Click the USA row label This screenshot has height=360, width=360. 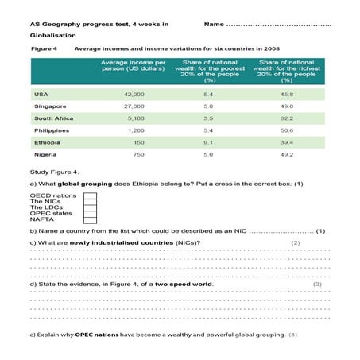click(x=41, y=94)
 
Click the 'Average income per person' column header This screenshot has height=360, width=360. click(x=133, y=69)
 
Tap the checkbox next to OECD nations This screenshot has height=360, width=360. click(x=89, y=195)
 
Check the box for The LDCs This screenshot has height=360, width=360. click(x=89, y=207)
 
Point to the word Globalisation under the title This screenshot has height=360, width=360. click(x=52, y=35)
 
